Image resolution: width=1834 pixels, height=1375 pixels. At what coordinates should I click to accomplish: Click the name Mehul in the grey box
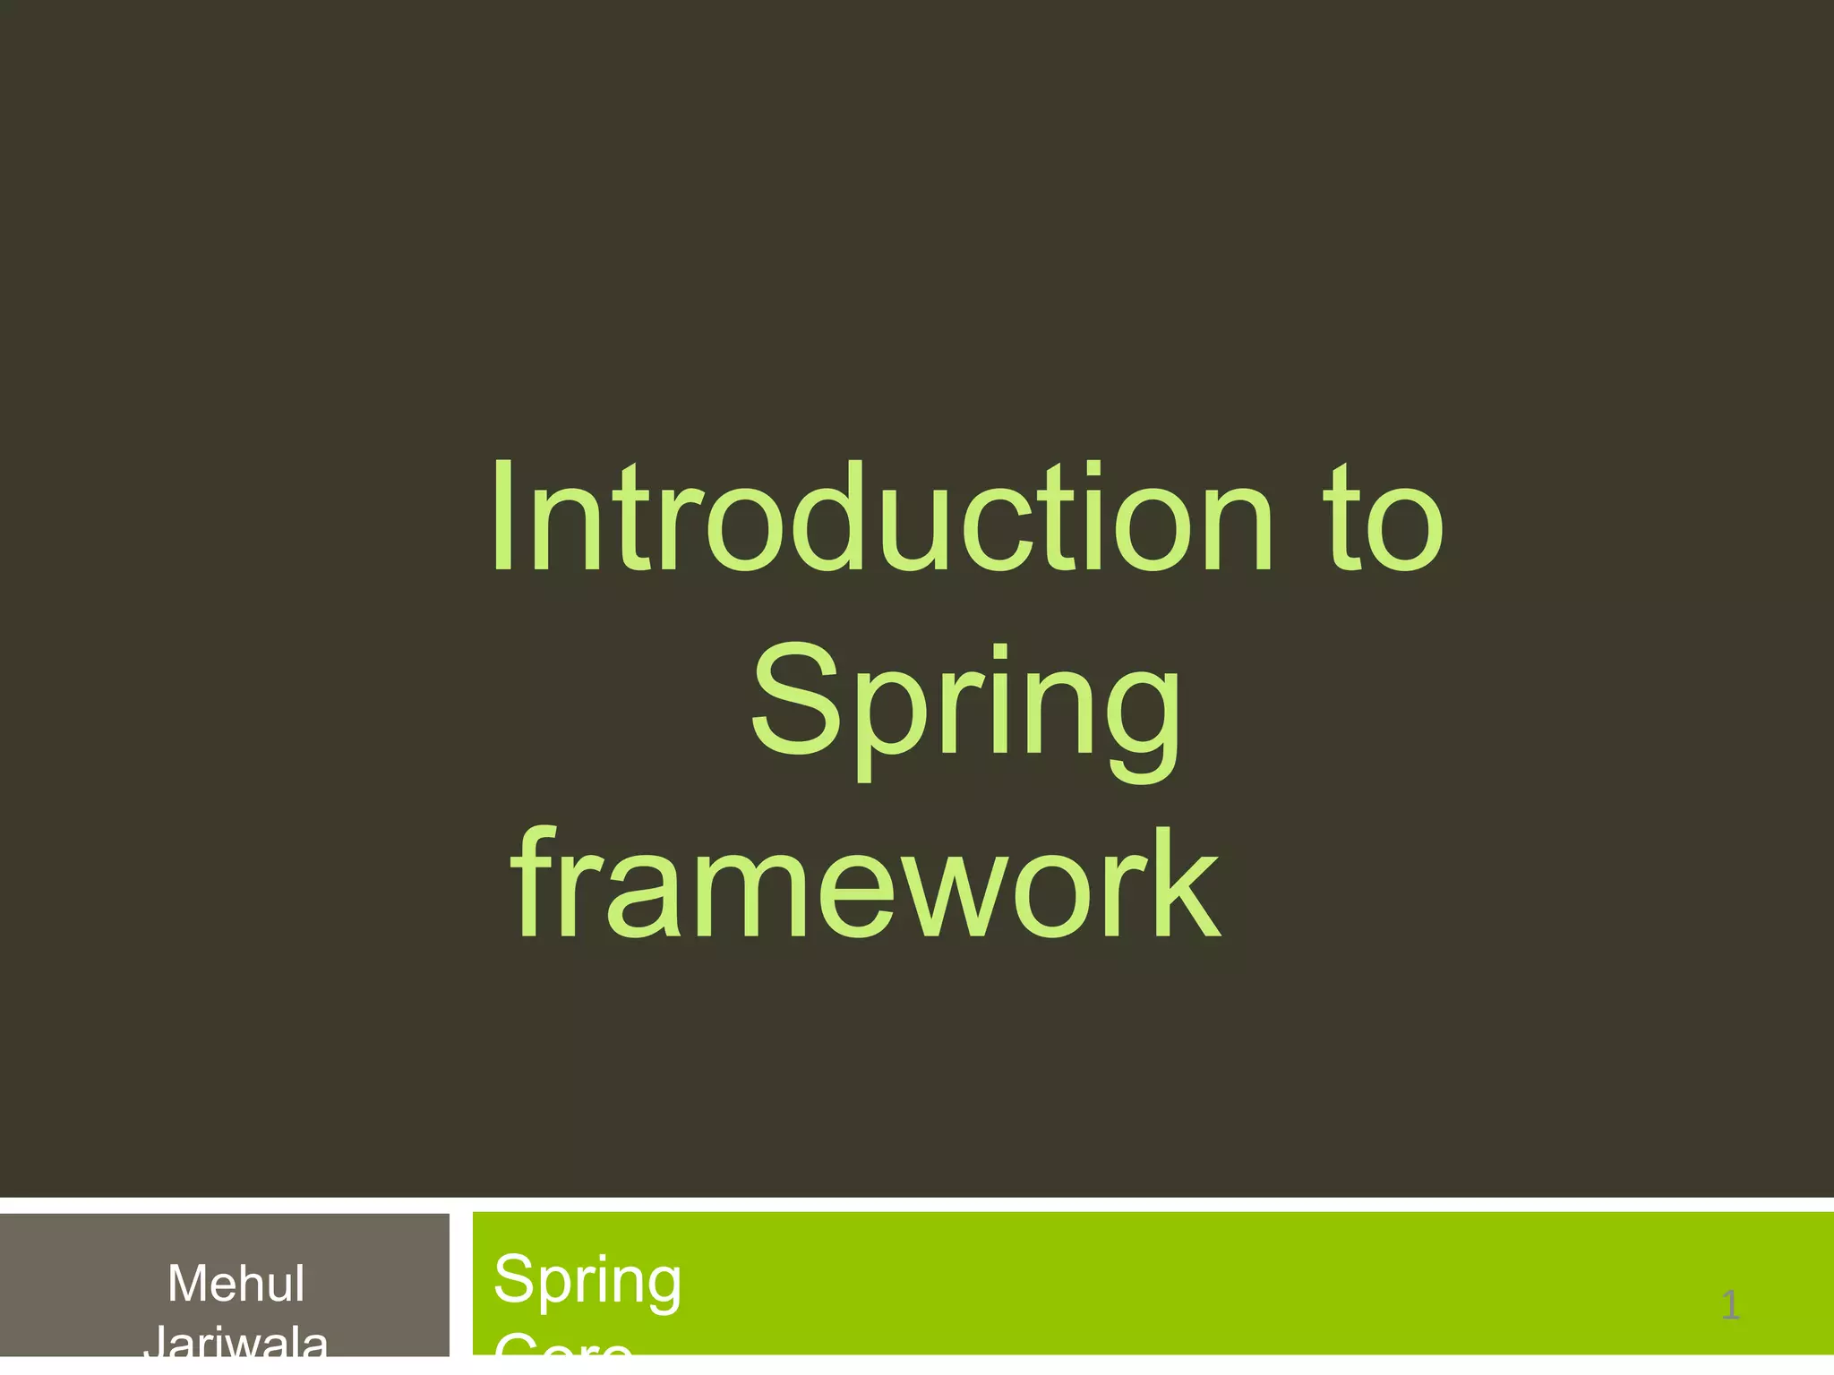pos(236,1284)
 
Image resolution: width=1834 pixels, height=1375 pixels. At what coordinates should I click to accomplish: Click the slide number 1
pos(1730,1305)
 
